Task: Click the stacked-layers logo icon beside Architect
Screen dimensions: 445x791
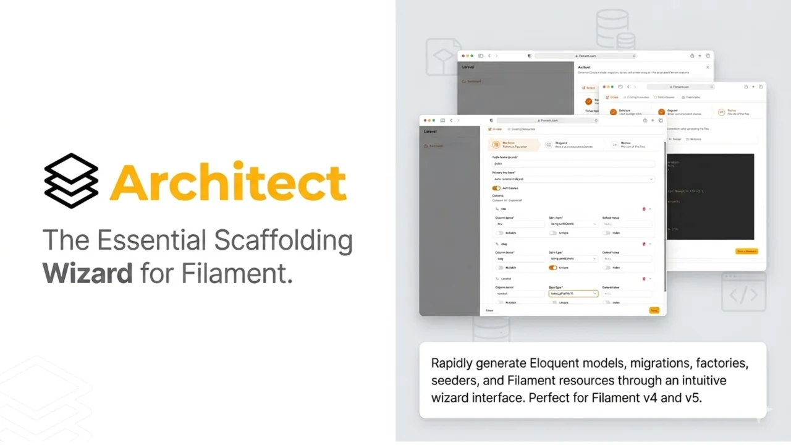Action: point(71,180)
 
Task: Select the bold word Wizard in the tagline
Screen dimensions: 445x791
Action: point(87,273)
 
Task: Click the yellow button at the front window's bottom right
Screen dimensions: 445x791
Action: point(654,310)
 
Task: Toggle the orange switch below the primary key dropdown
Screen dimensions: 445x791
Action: point(496,188)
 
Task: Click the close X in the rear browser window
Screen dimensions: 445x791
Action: point(708,67)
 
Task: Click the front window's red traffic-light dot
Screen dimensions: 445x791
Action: point(425,121)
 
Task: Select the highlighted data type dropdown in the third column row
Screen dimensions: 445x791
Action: point(573,294)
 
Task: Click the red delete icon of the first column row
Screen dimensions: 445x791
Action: point(644,209)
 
